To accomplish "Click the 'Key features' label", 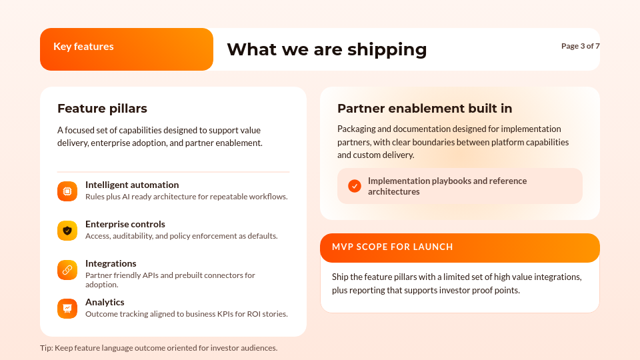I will tap(83, 47).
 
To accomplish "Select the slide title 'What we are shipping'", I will tap(327, 49).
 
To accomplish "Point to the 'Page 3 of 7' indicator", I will tap(580, 46).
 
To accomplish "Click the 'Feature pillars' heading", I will tap(102, 108).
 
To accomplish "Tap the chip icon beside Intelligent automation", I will tap(67, 191).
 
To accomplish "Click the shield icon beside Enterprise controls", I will tap(67, 231).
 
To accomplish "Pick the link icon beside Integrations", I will tap(67, 270).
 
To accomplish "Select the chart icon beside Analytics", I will tap(67, 309).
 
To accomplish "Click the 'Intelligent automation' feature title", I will tap(132, 185).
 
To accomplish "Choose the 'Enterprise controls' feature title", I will tap(125, 224).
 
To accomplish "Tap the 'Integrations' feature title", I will tap(111, 263).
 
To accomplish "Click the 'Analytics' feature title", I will tap(105, 302).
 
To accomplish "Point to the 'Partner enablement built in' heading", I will tap(425, 108).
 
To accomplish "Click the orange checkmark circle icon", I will tap(355, 186).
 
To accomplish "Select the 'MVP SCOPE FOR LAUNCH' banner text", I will tap(393, 247).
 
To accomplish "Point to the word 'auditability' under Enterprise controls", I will tap(138, 236).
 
